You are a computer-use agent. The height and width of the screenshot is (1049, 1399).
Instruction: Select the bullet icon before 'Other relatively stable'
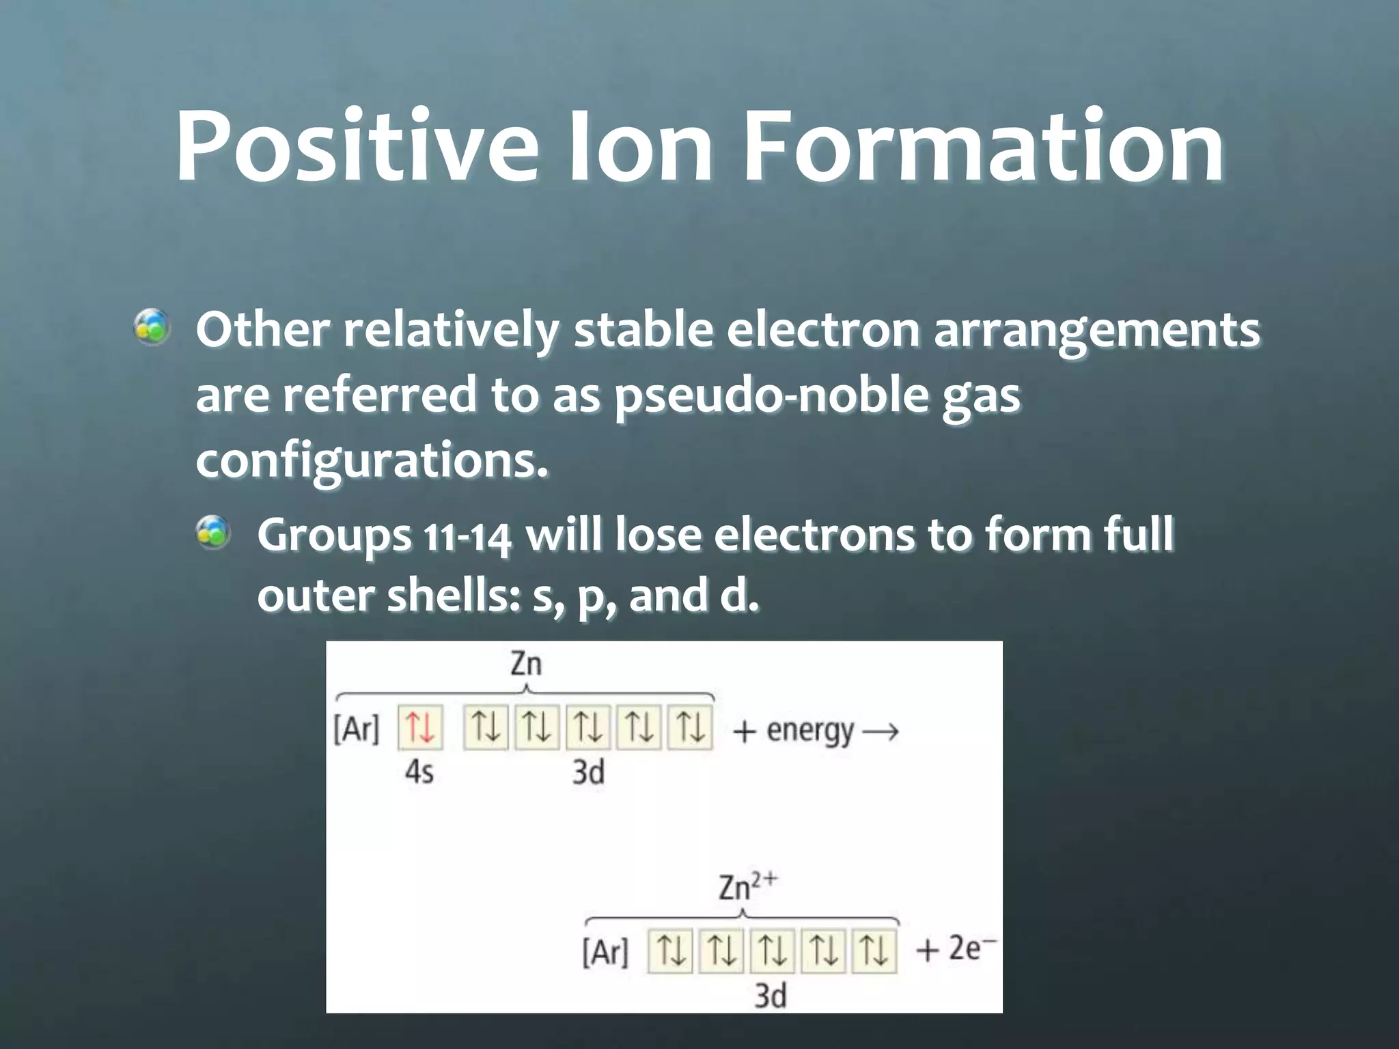[152, 328]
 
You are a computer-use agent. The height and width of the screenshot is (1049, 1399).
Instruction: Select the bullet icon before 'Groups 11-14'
[213, 533]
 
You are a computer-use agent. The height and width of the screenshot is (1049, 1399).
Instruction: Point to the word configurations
[372, 460]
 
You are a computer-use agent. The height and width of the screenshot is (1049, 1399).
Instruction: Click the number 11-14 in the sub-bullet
[467, 537]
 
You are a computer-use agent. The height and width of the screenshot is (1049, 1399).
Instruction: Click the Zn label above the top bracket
[526, 664]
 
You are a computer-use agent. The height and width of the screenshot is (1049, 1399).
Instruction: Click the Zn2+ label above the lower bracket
[747, 888]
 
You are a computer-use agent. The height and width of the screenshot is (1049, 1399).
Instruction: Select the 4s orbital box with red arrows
[420, 728]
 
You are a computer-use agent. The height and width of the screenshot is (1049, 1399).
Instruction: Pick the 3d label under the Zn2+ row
[770, 996]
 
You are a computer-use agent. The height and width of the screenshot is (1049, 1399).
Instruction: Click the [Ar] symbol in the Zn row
[356, 729]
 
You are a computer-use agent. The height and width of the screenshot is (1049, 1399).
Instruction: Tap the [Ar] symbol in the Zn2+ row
[605, 952]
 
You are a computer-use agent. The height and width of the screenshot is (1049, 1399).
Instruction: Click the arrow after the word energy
[881, 732]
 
